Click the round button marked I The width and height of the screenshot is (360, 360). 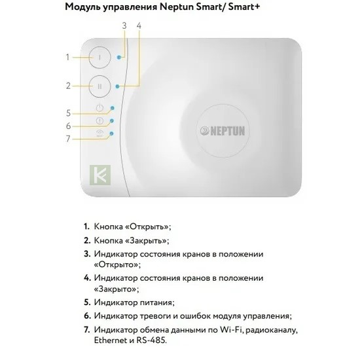(100, 58)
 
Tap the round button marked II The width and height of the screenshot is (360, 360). (100, 86)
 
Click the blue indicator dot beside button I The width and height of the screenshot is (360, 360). (118, 58)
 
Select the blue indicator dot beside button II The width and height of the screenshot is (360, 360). (118, 86)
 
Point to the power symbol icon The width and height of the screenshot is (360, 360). (99, 108)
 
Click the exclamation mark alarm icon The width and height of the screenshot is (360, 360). (99, 120)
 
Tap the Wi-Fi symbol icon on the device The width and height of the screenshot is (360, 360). (99, 133)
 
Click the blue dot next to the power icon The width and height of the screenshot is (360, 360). (113, 108)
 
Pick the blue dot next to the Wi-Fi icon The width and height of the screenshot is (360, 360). (111, 134)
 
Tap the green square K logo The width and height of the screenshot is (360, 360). (100, 175)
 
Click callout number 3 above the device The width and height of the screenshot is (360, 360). (124, 26)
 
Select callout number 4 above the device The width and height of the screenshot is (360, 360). (139, 26)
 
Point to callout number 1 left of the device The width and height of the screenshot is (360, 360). (67, 57)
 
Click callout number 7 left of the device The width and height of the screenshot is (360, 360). (68, 139)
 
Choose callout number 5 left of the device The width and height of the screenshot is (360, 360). (68, 113)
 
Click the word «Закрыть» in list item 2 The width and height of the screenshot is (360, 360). (146, 241)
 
